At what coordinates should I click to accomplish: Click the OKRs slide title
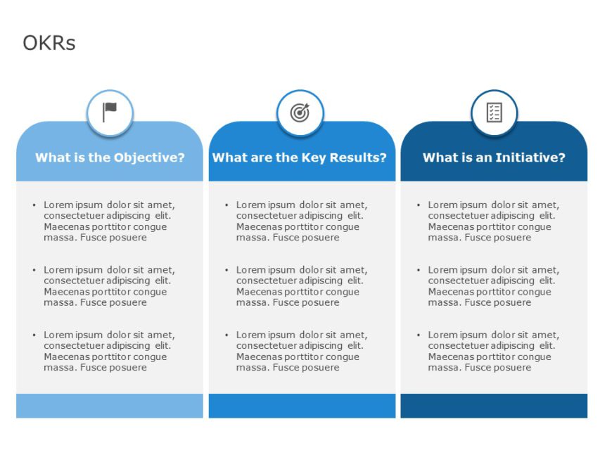click(x=49, y=44)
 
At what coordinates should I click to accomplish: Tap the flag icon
click(x=110, y=112)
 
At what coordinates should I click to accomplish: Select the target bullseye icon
click(x=300, y=112)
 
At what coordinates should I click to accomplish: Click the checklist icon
click(x=494, y=112)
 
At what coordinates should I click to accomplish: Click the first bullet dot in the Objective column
click(x=34, y=205)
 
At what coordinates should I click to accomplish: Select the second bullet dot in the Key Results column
click(x=226, y=270)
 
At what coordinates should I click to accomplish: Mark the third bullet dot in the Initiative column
click(x=419, y=335)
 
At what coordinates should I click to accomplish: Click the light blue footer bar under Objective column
click(x=110, y=406)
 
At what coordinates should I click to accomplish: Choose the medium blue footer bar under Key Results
click(x=302, y=406)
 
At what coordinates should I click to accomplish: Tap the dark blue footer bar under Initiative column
click(x=494, y=406)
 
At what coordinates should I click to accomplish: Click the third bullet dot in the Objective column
click(x=34, y=335)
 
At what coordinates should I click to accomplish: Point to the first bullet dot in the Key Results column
click(x=226, y=205)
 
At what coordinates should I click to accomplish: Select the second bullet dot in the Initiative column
click(x=419, y=270)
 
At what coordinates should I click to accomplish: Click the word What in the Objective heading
click(x=53, y=157)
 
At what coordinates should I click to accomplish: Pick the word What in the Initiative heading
click(x=440, y=157)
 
